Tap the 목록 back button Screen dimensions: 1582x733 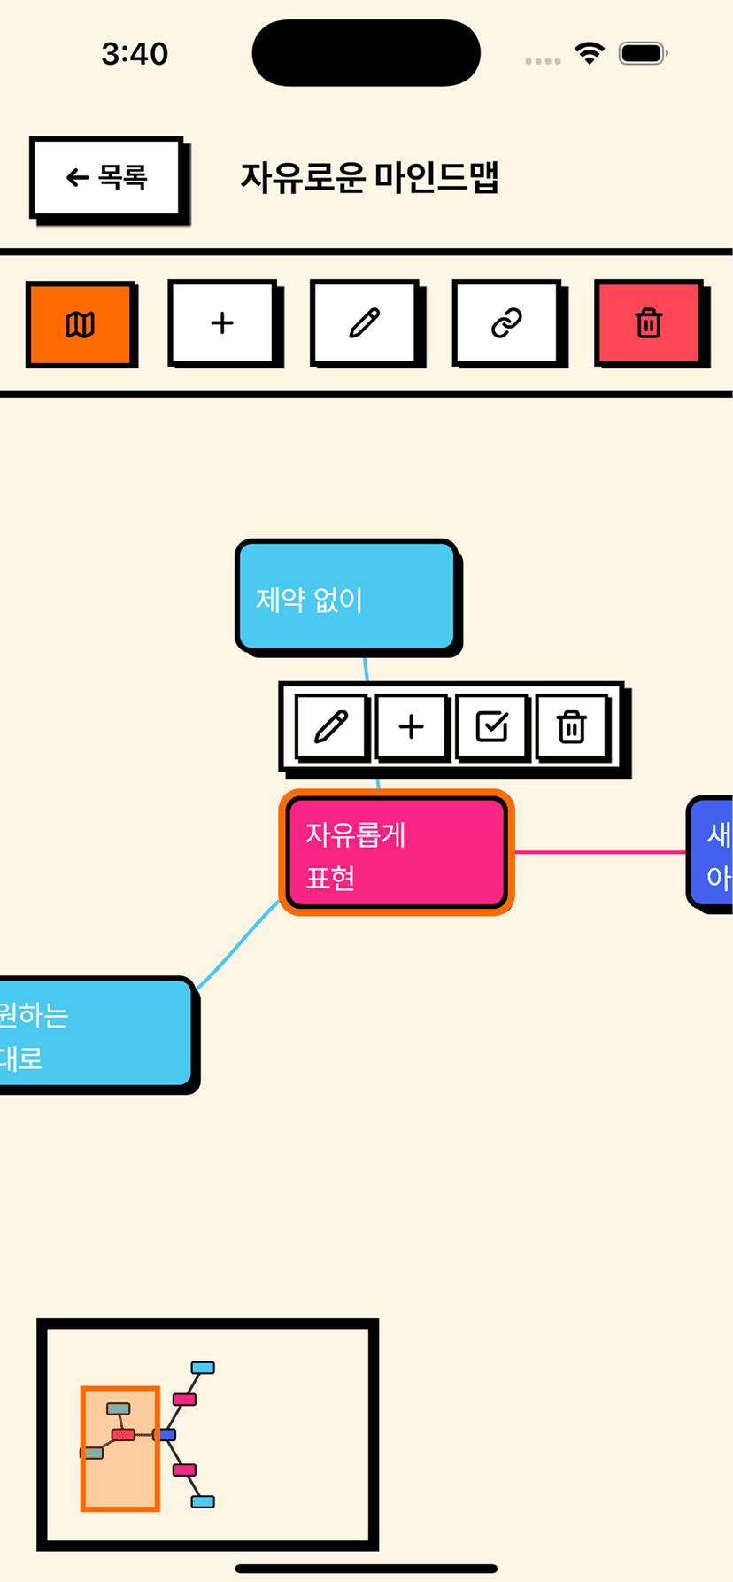tap(106, 178)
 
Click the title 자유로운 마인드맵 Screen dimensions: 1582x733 tap(369, 177)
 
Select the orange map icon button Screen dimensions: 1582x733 tap(81, 323)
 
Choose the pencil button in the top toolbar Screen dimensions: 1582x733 tap(364, 323)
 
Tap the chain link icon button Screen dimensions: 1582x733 tap(506, 323)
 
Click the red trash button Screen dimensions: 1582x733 tap(649, 323)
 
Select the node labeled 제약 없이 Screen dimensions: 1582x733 tap(346, 596)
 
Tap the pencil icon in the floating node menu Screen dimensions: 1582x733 tap(331, 727)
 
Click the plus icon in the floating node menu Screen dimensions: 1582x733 tap(411, 727)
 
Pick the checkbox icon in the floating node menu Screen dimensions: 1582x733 tap(491, 727)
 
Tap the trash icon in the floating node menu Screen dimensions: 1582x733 tap(572, 727)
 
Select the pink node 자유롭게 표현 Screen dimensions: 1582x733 tap(396, 852)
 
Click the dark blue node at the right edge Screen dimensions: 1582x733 tap(713, 852)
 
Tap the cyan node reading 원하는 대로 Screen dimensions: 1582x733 tap(93, 1034)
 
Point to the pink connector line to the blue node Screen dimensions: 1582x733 tap(600, 852)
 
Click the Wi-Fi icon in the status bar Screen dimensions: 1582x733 tap(589, 53)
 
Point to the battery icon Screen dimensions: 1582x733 tap(643, 53)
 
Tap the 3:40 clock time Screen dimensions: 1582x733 tap(135, 54)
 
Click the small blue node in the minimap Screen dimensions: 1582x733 tap(166, 1434)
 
